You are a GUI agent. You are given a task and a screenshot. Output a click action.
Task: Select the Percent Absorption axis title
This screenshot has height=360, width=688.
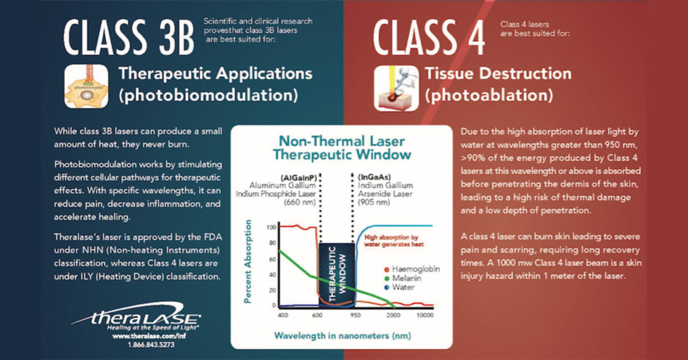click(248, 265)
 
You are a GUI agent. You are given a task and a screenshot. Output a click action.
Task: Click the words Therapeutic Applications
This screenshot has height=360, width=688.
click(215, 74)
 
